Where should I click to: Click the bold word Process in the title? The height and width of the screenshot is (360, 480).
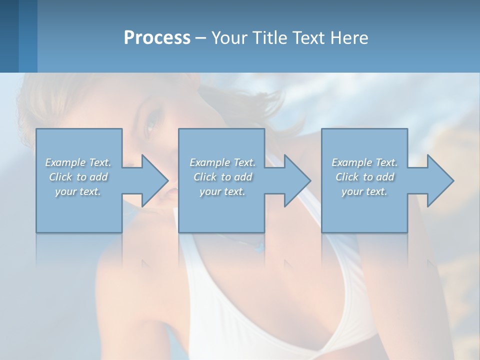pos(157,38)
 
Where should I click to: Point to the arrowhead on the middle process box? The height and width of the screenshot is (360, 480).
pos(296,180)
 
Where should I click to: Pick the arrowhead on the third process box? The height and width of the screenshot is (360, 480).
pos(439,180)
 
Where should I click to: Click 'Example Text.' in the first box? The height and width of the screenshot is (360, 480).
pos(78,162)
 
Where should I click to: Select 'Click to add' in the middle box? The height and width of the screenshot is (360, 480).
pos(222,177)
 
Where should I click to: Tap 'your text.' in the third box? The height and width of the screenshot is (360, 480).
pos(364,191)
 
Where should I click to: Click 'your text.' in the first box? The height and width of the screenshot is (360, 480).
pos(78,191)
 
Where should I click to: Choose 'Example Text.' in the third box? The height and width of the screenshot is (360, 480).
pos(364,162)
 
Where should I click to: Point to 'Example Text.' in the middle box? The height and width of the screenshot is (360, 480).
pos(222,162)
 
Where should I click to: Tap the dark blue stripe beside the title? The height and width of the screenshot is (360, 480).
pos(9,36)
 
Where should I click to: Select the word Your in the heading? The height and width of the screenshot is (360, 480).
pos(228,38)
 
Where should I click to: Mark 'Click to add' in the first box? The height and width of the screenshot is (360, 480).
pos(78,177)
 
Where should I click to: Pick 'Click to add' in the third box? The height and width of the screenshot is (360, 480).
pos(364,177)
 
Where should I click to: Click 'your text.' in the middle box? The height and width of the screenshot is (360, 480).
pos(222,191)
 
